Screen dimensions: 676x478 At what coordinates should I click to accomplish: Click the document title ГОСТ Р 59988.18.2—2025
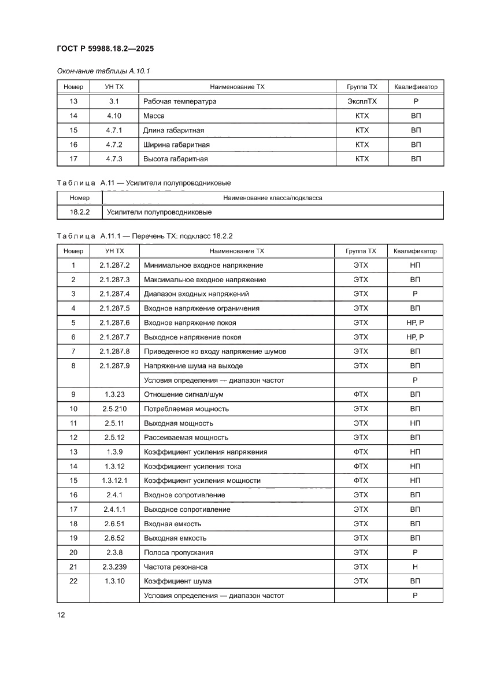(105, 49)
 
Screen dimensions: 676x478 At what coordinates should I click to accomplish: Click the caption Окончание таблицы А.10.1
(103, 71)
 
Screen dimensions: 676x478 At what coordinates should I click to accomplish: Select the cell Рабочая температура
(180, 101)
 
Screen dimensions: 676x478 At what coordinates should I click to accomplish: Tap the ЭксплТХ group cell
(362, 101)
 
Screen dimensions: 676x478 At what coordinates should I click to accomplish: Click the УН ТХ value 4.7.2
(114, 145)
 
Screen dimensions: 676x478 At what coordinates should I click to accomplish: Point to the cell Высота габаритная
(175, 158)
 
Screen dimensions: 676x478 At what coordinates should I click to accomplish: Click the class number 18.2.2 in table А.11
(79, 212)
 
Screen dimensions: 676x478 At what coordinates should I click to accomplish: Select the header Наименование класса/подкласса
(273, 198)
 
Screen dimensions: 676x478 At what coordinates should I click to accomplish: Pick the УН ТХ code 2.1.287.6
(114, 323)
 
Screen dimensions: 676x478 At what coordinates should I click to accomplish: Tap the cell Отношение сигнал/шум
(183, 394)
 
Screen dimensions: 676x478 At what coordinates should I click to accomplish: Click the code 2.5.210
(114, 409)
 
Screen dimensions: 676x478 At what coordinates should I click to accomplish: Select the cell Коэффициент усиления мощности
(202, 481)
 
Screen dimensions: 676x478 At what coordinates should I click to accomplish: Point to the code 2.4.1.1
(114, 509)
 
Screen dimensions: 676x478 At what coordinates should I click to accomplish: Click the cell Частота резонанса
(175, 567)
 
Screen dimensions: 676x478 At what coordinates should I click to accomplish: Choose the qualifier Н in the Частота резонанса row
(415, 567)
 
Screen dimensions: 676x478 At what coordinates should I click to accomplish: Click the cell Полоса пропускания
(178, 552)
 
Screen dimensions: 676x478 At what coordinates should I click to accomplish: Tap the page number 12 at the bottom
(61, 615)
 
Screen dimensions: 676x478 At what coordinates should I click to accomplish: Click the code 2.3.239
(114, 567)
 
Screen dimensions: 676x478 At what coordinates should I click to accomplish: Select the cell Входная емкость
(172, 524)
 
